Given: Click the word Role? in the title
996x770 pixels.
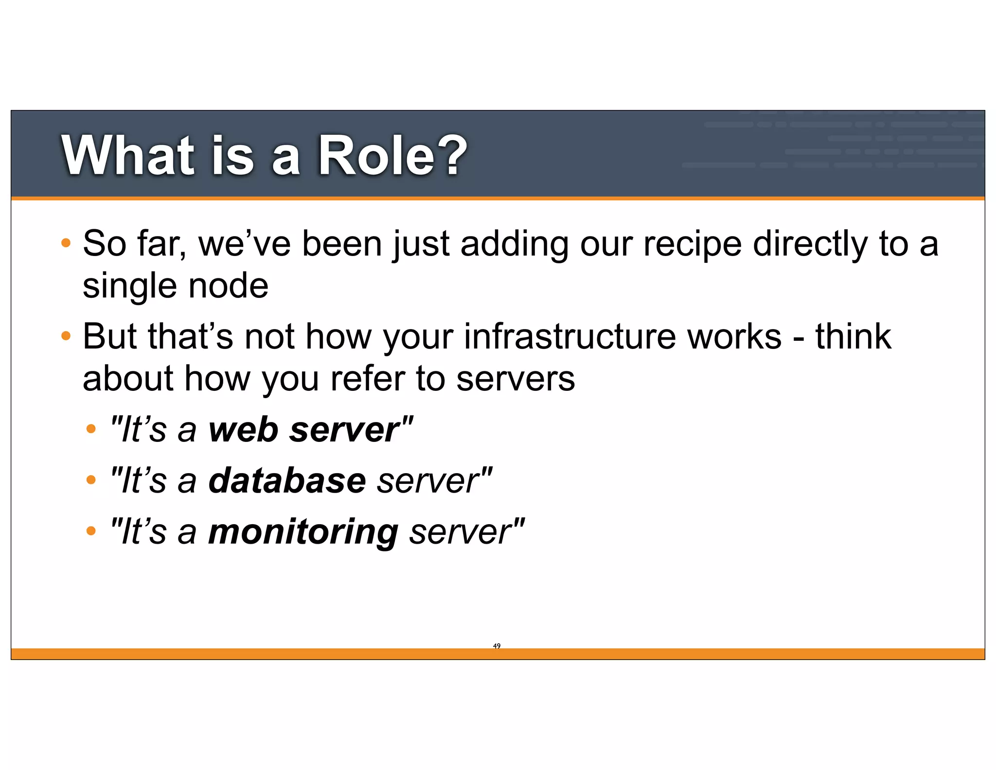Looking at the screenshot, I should [392, 156].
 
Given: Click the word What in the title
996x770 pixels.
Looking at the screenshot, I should [127, 156].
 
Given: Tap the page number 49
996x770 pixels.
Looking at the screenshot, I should [497, 646].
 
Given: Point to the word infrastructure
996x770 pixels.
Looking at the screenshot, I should [570, 336].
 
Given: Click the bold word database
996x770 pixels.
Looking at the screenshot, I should [287, 480].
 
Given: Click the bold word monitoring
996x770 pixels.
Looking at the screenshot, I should [303, 532].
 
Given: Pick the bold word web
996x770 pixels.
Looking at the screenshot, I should [243, 430].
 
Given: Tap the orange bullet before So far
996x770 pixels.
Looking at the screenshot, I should [66, 243].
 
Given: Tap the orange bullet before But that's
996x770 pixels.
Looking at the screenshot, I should [66, 336].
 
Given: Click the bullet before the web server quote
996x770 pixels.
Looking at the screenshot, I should [91, 429].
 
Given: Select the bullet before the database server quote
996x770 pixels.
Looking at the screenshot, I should [91, 480].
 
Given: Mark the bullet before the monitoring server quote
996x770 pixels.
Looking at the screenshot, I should [91, 531].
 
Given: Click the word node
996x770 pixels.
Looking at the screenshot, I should [228, 286].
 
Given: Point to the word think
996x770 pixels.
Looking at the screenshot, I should [853, 336].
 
